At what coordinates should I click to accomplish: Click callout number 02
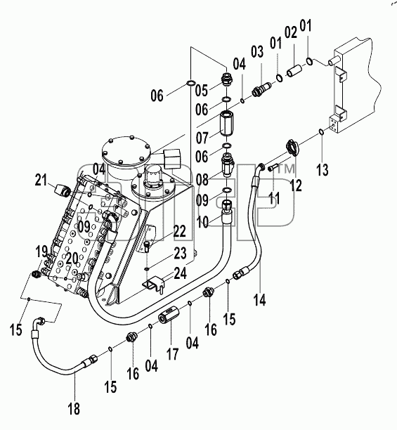point(291,32)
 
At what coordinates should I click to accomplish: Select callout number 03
point(257,51)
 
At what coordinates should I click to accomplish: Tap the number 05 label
point(202,90)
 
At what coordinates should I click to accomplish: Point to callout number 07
point(202,137)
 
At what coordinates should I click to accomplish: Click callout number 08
point(202,179)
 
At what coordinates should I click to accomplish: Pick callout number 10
point(203,222)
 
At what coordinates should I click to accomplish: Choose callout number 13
point(323,169)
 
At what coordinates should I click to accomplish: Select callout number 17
point(173,353)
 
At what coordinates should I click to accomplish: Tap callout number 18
point(74,409)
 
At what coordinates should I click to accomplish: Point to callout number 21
point(41,180)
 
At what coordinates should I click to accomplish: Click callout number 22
point(180,231)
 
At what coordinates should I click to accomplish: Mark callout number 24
point(180,273)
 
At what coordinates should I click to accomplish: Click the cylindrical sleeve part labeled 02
point(294,70)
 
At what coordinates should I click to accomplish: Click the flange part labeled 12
point(293,148)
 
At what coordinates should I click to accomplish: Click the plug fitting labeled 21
point(63,190)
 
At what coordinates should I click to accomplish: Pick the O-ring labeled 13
point(321,132)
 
